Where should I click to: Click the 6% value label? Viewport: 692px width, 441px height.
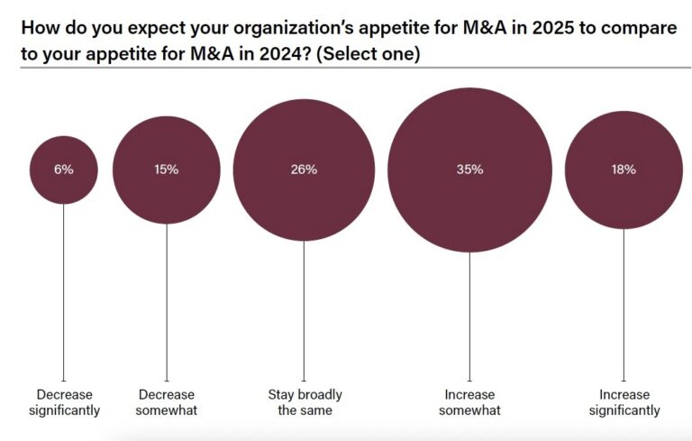[63, 170]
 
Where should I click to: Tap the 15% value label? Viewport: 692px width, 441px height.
[167, 170]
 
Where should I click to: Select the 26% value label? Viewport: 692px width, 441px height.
[304, 170]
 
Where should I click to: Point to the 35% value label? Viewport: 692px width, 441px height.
[469, 170]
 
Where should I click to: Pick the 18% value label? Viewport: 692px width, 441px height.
[624, 170]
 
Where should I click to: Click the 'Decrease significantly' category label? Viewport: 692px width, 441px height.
[63, 402]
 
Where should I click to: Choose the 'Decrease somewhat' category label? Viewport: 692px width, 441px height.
[167, 402]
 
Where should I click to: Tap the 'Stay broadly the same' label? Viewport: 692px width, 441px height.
[305, 402]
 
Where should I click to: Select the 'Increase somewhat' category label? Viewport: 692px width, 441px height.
[469, 402]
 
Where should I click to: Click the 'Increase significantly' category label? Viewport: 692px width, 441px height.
[624, 402]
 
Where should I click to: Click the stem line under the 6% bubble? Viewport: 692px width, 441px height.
[63, 289]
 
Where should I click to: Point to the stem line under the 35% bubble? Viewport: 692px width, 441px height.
[469, 316]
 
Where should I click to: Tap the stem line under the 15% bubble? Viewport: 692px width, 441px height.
[167, 298]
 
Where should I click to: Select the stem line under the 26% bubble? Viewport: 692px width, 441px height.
[304, 311]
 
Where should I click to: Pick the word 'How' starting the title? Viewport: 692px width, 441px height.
[38, 27]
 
